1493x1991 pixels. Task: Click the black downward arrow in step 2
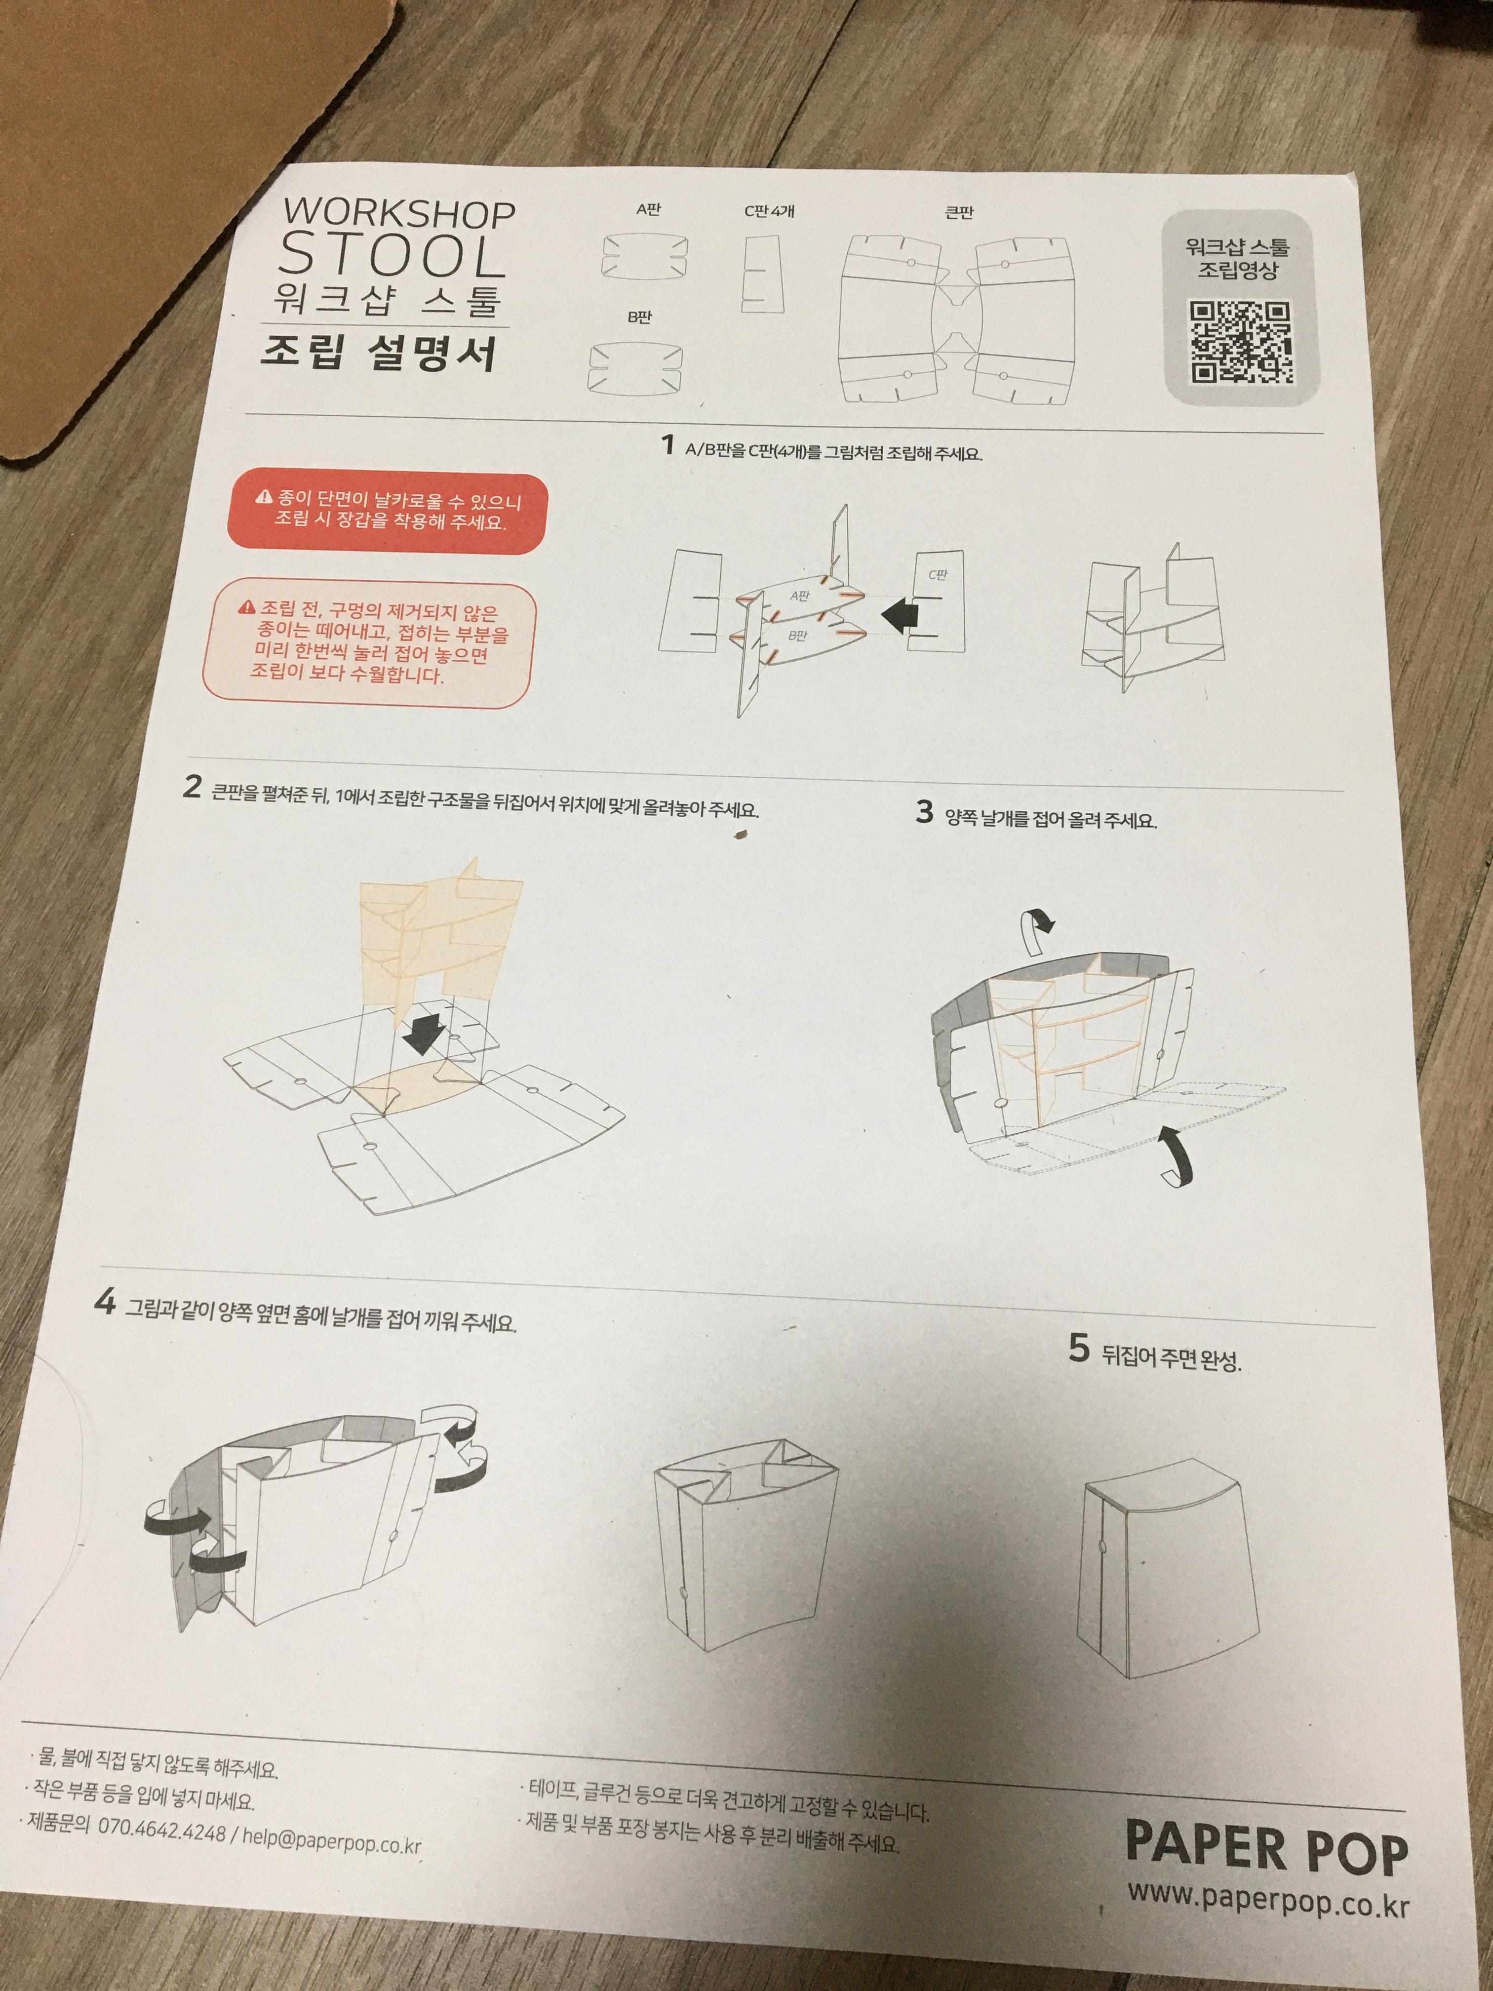coord(426,1033)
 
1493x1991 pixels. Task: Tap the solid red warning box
coord(387,511)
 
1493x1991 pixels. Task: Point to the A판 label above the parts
coord(648,210)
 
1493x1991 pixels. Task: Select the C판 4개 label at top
coord(769,211)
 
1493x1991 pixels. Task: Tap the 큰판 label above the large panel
coord(959,212)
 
